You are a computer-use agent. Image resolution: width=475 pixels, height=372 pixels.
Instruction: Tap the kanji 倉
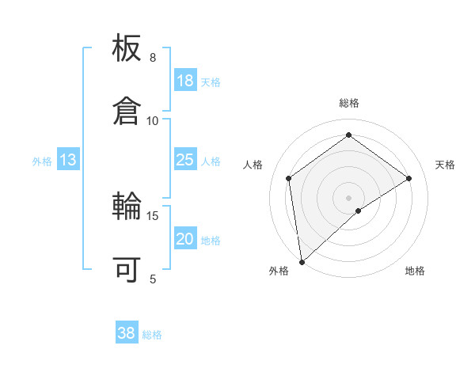click(x=127, y=110)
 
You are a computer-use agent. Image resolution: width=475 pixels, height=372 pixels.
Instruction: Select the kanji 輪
click(x=127, y=207)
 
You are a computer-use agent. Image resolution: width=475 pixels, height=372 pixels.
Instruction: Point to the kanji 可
click(x=127, y=269)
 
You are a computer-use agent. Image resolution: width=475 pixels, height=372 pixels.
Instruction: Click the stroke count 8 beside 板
click(x=153, y=58)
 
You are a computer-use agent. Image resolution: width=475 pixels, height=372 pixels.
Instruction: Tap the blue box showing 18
click(x=184, y=81)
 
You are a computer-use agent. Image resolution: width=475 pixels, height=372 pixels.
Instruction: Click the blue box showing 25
click(x=184, y=160)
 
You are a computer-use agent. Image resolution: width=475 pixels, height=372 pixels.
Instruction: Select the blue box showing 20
click(x=184, y=240)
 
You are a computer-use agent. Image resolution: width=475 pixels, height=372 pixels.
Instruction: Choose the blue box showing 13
click(x=68, y=161)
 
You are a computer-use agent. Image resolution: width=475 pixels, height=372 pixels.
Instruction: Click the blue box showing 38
click(x=127, y=333)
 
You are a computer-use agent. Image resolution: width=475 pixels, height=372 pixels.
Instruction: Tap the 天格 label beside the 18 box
click(x=211, y=82)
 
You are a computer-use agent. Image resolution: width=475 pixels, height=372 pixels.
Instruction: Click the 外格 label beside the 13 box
click(x=42, y=161)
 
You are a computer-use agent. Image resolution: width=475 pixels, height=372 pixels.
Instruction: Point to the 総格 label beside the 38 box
click(x=153, y=335)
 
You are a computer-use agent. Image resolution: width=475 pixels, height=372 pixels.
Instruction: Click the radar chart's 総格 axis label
click(x=349, y=103)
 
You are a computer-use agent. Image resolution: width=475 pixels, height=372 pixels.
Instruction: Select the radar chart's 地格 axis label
click(x=415, y=271)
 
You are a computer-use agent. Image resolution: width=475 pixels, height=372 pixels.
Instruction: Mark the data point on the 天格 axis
click(x=409, y=178)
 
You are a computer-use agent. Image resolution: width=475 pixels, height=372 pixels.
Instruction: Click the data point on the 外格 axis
click(x=302, y=261)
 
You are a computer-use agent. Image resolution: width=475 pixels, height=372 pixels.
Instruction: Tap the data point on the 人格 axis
click(x=289, y=178)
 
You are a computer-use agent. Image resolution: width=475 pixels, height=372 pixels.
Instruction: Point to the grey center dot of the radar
click(x=349, y=197)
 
